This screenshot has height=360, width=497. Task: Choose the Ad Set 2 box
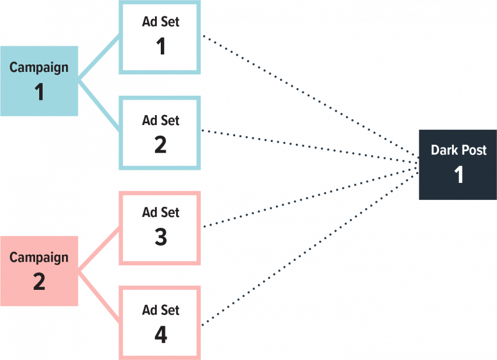(x=160, y=133)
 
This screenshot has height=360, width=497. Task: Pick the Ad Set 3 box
(x=160, y=228)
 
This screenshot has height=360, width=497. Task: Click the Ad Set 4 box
(x=160, y=323)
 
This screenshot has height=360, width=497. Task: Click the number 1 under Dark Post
(x=459, y=175)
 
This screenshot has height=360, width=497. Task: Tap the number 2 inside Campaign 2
(x=39, y=282)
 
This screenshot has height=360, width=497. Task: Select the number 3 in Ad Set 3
(x=161, y=237)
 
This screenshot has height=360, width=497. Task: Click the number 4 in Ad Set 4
(x=161, y=335)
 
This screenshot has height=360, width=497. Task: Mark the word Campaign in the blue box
(x=39, y=67)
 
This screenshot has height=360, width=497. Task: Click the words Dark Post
(x=458, y=150)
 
